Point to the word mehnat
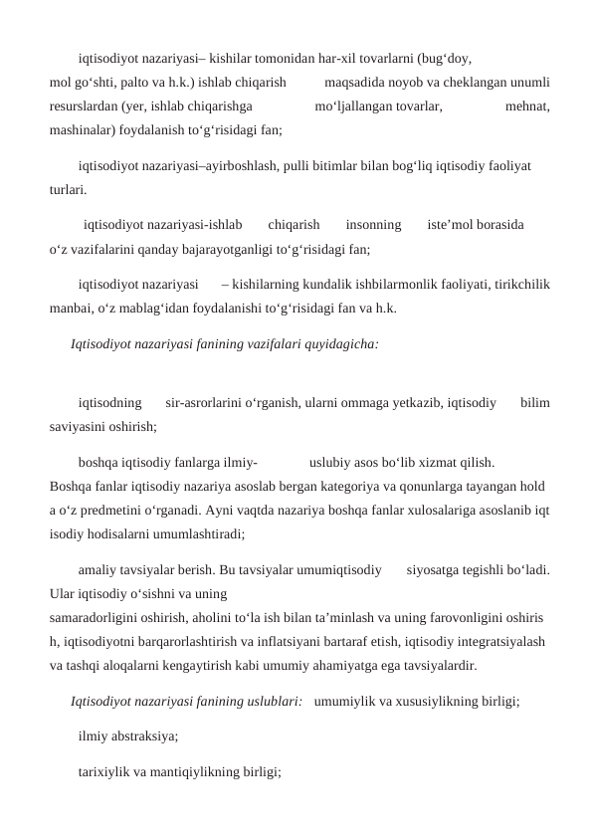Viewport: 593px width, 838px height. (528, 105)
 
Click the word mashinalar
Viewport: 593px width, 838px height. (83, 129)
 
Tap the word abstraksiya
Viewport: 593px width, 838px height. (147, 737)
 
